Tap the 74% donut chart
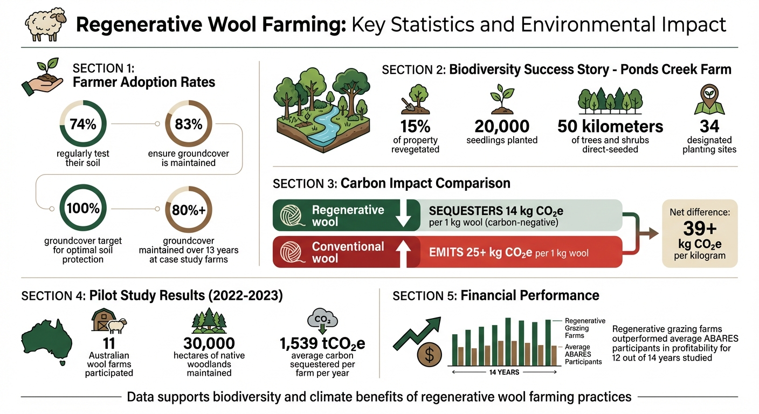point(82,125)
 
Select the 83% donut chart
point(189,125)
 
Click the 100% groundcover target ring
point(82,209)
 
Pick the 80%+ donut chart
point(189,210)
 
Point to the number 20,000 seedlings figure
point(502,127)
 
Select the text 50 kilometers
point(610,127)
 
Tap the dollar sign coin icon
point(430,354)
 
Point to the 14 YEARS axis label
point(505,372)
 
